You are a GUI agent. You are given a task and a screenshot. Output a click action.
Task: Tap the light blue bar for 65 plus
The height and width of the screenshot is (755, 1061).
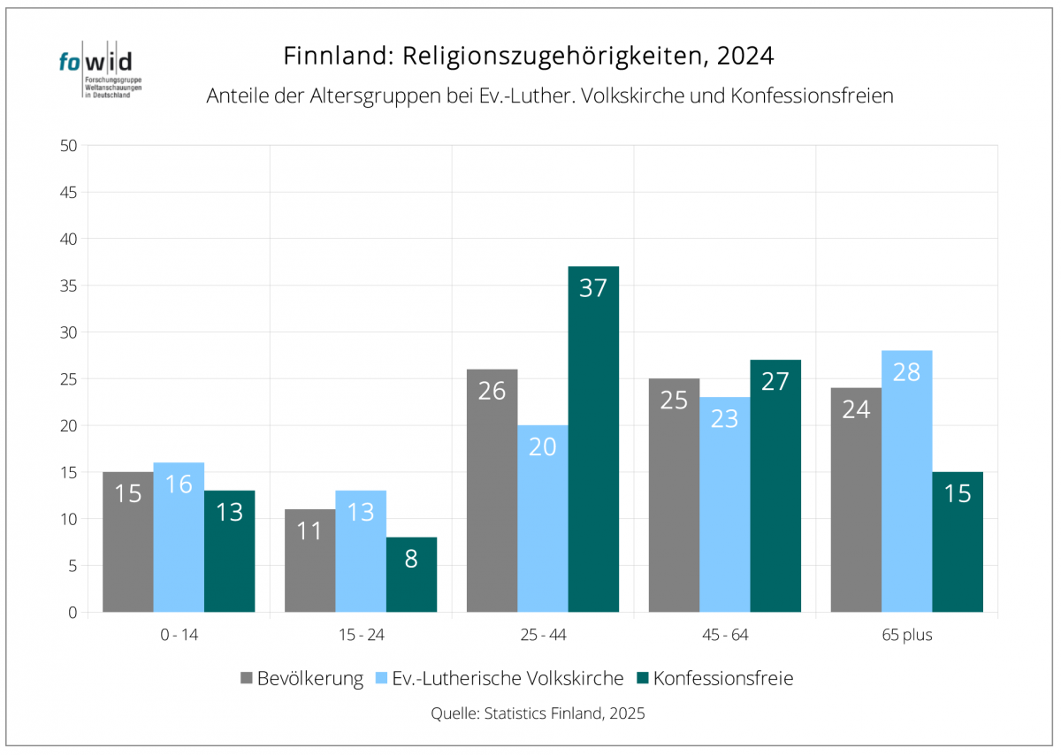click(907, 482)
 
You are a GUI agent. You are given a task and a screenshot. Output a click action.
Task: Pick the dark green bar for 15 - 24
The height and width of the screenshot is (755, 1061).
click(411, 575)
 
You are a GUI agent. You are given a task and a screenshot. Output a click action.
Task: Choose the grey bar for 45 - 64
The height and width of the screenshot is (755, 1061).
click(674, 495)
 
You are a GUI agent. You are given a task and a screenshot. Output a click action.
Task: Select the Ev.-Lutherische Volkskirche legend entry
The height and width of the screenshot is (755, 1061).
click(499, 679)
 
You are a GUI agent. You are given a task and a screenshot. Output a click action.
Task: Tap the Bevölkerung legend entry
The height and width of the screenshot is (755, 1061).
click(302, 679)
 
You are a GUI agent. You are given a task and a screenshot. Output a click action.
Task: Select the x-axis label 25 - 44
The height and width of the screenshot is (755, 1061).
click(542, 635)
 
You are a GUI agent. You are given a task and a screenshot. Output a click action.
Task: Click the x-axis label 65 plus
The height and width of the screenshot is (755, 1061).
click(906, 635)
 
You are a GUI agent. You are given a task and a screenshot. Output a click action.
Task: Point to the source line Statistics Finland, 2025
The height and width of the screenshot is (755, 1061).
click(538, 713)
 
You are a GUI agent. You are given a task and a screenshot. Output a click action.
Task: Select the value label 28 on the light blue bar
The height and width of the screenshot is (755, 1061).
click(907, 371)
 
